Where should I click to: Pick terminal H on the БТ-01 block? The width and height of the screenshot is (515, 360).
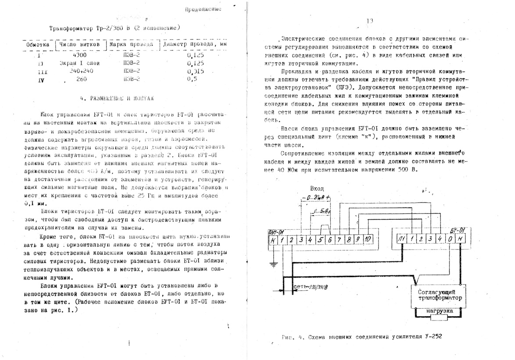point(460,239)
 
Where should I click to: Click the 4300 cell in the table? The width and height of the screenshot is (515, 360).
point(79,55)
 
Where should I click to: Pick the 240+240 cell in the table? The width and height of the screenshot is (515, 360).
point(79,71)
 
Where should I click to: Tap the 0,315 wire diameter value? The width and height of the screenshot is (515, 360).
point(194,71)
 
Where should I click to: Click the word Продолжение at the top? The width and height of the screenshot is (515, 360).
point(203,8)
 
